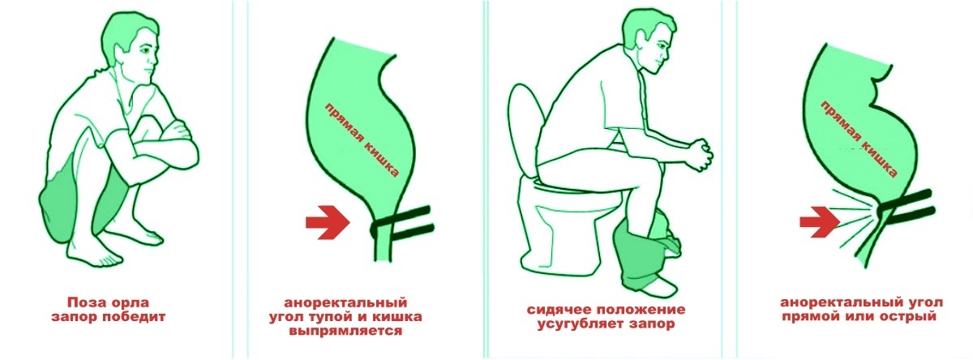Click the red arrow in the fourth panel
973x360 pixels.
coord(819,220)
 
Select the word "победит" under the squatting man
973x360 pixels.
coord(135,315)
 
